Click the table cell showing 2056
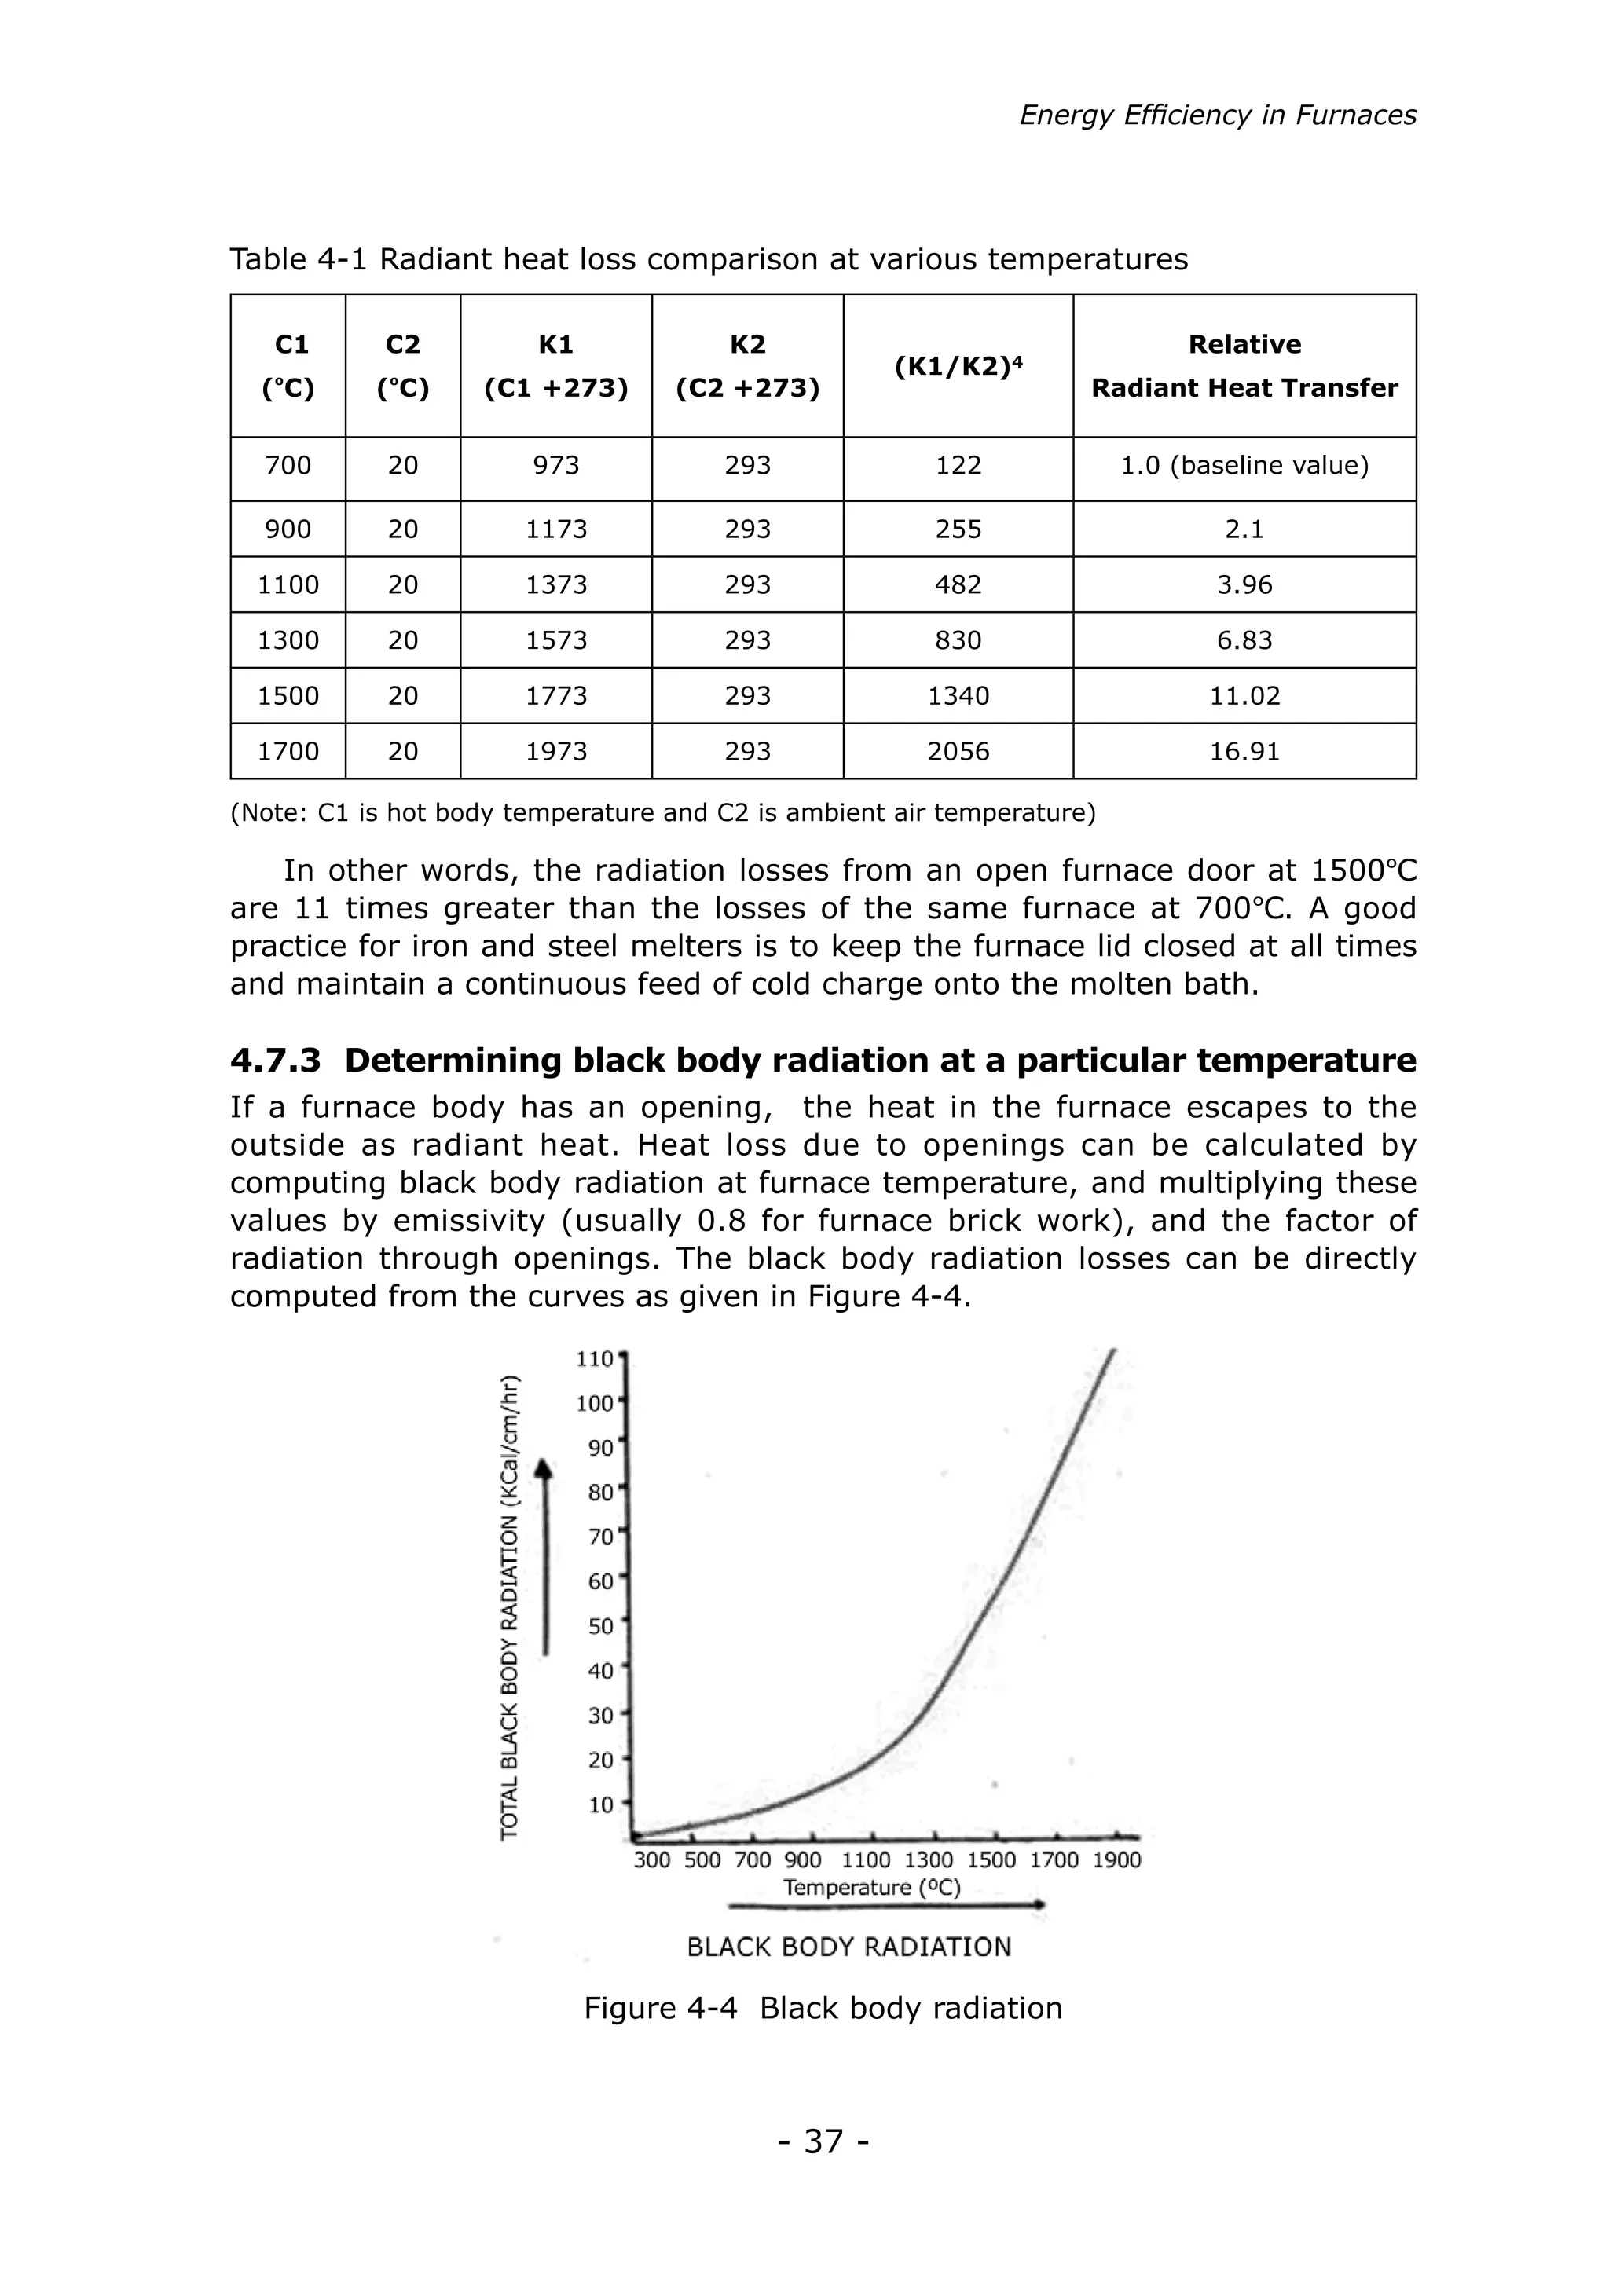(x=957, y=751)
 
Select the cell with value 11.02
(x=1244, y=695)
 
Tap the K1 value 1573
(x=555, y=640)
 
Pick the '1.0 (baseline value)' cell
(x=1244, y=466)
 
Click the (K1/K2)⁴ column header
(x=957, y=365)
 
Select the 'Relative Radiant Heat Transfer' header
(x=1244, y=365)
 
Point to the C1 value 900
(x=288, y=529)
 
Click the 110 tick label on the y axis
(x=595, y=1358)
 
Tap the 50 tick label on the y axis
(x=600, y=1626)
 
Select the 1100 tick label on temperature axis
(x=866, y=1860)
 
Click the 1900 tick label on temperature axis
(x=1116, y=1860)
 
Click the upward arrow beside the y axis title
(x=544, y=1555)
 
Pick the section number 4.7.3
(x=276, y=1061)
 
